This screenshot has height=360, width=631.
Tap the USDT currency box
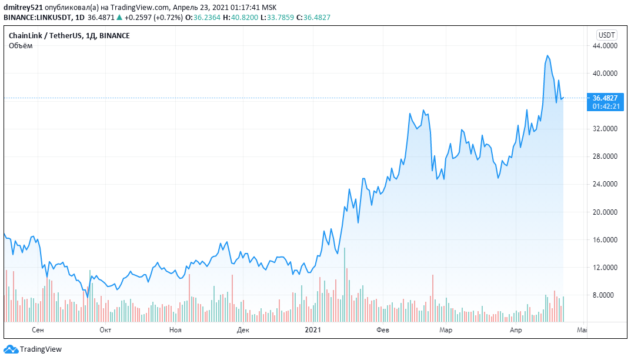click(x=606, y=35)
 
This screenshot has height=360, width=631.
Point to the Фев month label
click(x=383, y=331)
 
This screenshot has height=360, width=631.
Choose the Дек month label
click(x=243, y=331)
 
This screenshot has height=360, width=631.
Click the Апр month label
click(x=515, y=331)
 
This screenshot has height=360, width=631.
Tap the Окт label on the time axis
click(x=105, y=331)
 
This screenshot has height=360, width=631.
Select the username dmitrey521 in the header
click(x=23, y=6)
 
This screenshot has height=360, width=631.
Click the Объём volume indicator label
click(x=21, y=45)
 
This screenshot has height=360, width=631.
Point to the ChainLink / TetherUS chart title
click(x=45, y=36)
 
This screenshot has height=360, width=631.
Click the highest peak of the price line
click(x=547, y=56)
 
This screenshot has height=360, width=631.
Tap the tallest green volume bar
click(x=345, y=285)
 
